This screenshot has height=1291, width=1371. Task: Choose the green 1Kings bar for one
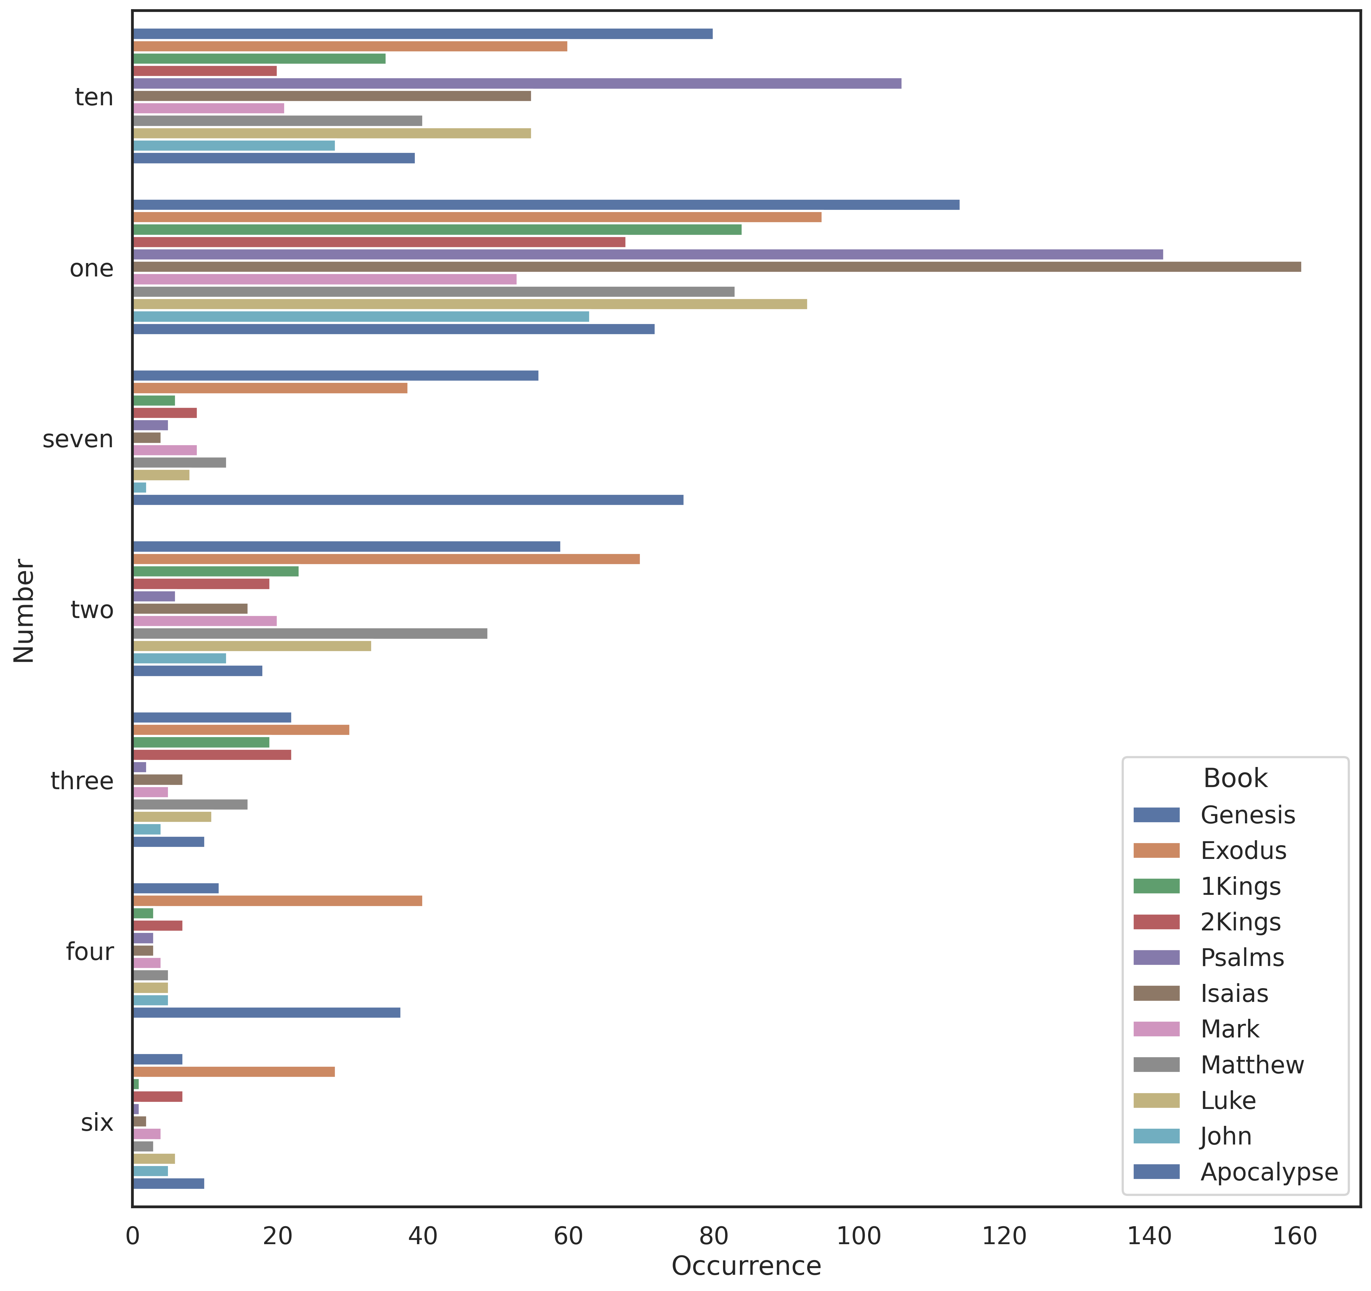[x=437, y=230]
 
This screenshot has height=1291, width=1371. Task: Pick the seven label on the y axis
[x=78, y=439]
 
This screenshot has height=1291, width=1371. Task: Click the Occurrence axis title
[x=746, y=1266]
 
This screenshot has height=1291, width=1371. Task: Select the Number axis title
[x=24, y=611]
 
